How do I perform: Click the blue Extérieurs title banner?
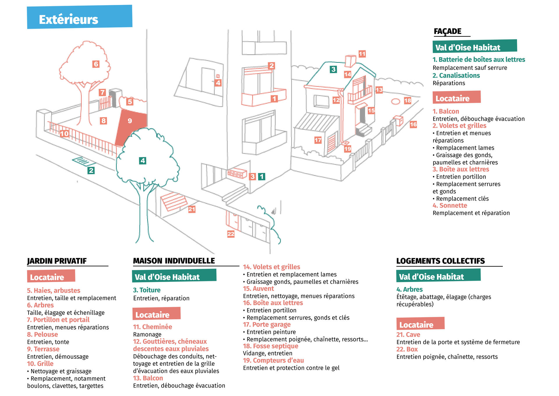[x=79, y=17]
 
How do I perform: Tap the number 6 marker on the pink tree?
[x=96, y=64]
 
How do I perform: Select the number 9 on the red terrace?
[x=130, y=121]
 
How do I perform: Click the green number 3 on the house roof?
[x=333, y=69]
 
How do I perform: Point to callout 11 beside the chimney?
[x=362, y=54]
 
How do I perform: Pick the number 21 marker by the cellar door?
[x=192, y=209]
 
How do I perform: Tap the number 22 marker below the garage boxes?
[x=231, y=234]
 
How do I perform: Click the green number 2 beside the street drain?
[x=91, y=171]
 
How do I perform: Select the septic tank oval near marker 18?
[x=395, y=101]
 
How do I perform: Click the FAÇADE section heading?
[x=447, y=31]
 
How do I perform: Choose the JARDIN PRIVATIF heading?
[x=57, y=261]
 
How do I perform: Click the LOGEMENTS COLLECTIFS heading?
[x=441, y=261]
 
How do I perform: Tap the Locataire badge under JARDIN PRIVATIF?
[x=51, y=276]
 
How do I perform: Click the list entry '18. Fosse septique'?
[x=270, y=346]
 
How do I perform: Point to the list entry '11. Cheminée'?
[x=153, y=327]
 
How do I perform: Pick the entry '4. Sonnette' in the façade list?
[x=450, y=206]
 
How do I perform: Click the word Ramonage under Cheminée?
[x=147, y=334]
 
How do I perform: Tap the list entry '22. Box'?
[x=407, y=349]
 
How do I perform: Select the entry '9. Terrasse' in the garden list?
[x=43, y=349]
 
